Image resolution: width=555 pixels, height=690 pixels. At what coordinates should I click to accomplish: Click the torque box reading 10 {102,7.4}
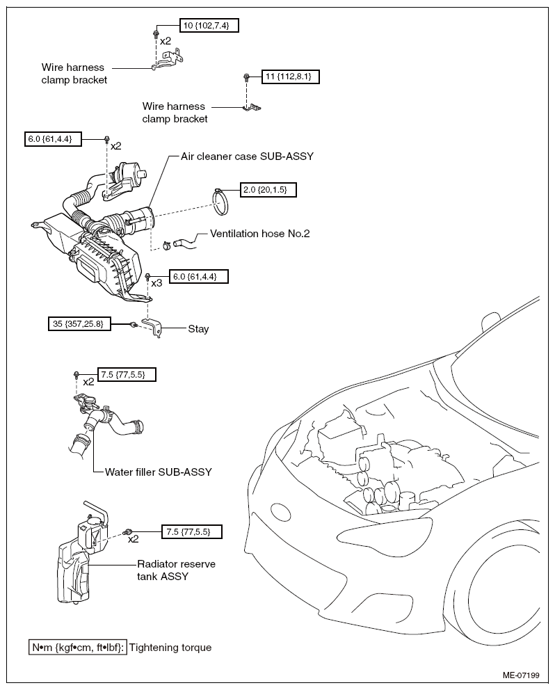coord(209,26)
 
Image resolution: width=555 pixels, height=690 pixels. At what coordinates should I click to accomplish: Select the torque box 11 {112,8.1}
coord(290,77)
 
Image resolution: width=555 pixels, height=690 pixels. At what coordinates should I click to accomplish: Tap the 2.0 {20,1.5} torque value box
coord(268,190)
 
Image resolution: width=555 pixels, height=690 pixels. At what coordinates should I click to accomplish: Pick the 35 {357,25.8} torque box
coord(79,324)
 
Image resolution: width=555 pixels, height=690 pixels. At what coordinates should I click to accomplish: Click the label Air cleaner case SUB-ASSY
coord(247,157)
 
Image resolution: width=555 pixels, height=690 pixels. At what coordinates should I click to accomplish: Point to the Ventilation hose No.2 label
coord(259,233)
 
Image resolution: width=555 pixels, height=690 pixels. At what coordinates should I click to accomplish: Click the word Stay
coord(198,329)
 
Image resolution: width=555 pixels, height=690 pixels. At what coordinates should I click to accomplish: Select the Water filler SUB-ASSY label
coord(159,472)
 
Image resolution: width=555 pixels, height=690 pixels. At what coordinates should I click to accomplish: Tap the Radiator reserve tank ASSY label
coord(176,570)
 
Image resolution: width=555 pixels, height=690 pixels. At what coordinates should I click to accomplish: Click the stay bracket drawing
coord(151,328)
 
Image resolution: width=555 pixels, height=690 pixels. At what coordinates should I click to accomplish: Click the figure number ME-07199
coord(521,675)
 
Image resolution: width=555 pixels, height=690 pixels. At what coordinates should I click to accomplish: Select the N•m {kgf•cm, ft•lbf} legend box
coord(78,648)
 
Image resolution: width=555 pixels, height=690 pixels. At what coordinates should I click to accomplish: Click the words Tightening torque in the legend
coord(170,648)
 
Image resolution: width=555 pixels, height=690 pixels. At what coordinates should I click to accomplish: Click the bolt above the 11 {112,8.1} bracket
coord(246,77)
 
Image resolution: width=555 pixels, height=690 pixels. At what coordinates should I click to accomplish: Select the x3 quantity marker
coord(156,283)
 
